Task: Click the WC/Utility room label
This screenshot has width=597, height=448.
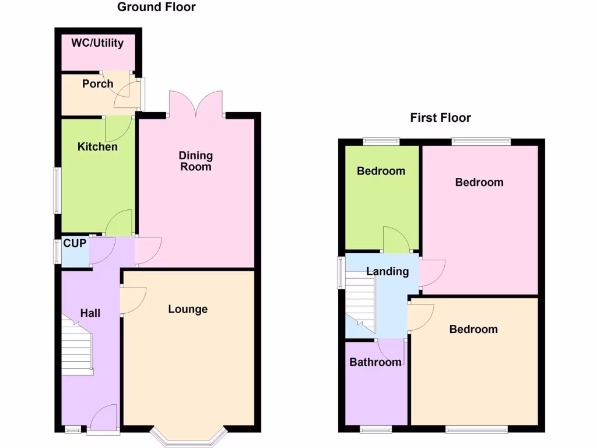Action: pos(97,43)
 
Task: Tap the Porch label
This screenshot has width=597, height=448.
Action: pos(97,83)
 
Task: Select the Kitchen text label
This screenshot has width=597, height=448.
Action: pos(97,146)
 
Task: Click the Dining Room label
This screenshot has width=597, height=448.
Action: pos(196,161)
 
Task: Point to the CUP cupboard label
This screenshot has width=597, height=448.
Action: pos(75,243)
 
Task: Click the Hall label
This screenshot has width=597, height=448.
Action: pos(90,313)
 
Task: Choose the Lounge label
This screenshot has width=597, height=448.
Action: pos(188,309)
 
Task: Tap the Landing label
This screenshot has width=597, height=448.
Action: pos(387,271)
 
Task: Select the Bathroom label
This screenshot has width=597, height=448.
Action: pos(375,362)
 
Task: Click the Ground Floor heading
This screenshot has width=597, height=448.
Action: pos(156,7)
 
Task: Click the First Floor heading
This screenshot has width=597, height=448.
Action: pos(440,118)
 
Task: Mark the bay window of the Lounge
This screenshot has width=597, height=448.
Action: pos(188,436)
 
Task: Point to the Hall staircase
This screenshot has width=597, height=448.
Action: pos(78,347)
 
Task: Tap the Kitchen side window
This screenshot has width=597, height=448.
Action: pos(57,190)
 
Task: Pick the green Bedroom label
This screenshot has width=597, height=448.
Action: pos(381,171)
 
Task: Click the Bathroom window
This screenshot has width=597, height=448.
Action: pos(375,430)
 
